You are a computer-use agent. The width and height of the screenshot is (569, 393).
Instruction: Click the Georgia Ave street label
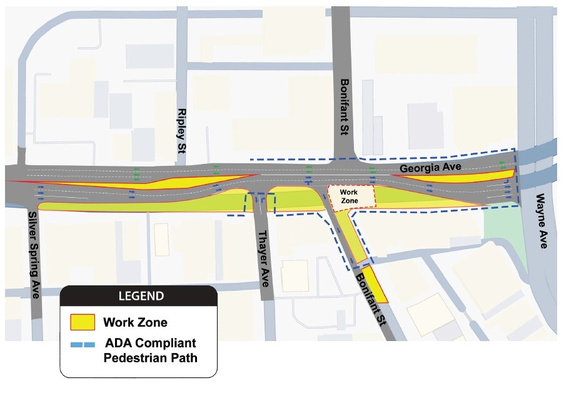coord(430,168)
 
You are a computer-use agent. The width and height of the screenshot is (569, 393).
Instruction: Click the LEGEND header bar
coord(138,295)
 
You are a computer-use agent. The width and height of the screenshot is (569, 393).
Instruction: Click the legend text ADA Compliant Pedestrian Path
coord(150,351)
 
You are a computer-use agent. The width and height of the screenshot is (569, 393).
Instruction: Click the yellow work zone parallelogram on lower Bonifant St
coord(373,285)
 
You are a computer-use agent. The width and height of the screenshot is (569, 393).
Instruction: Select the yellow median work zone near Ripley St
coord(156,184)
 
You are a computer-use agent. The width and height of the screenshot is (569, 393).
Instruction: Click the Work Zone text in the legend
coord(135,323)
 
